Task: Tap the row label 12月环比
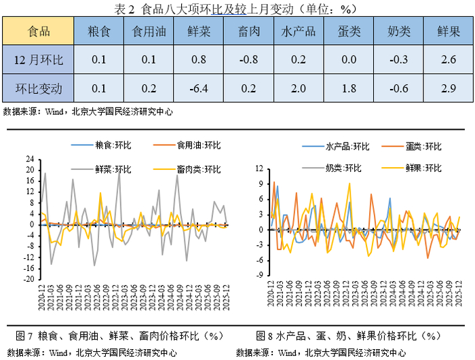click(37, 60)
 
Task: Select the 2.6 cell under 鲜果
click(448, 60)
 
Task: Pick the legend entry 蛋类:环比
click(418, 146)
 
